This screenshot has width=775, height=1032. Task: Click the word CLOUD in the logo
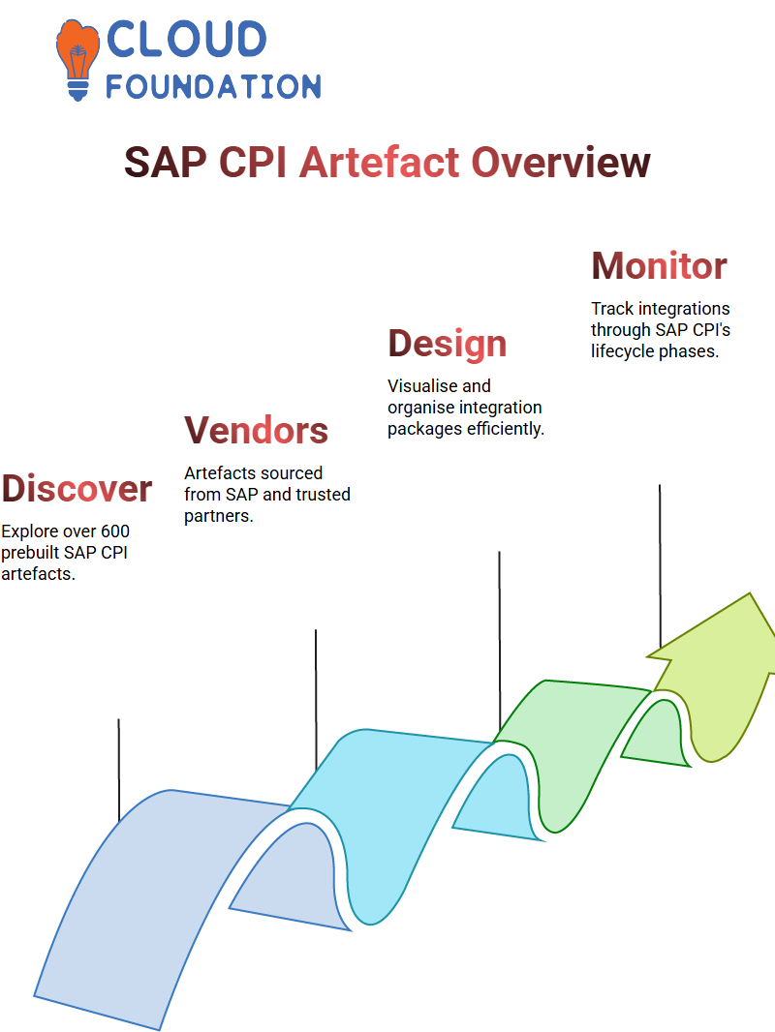point(186,39)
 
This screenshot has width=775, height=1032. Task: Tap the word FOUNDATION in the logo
point(213,86)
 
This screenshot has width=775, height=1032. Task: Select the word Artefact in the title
point(380,162)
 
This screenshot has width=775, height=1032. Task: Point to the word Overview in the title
point(561,162)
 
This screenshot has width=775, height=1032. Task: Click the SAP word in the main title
point(166,162)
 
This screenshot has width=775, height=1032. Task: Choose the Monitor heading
point(659,266)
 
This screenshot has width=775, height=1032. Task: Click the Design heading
point(448,344)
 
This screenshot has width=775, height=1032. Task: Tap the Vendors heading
point(256,431)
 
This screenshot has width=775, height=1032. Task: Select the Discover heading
point(77,488)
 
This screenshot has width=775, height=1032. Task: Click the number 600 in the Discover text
point(115,531)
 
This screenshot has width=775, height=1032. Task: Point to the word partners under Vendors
point(219,516)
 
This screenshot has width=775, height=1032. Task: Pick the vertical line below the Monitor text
point(660,566)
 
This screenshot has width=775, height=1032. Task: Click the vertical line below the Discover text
point(119,770)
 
